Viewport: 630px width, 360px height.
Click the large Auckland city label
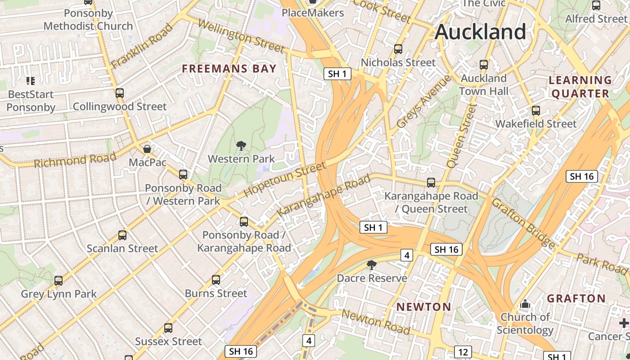480,32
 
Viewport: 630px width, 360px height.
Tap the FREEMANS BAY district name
229,69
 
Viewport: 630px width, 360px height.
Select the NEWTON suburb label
423,307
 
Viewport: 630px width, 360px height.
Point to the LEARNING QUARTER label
580,87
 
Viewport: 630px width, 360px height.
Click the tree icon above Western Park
241,145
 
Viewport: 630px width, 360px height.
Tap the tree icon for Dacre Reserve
372,265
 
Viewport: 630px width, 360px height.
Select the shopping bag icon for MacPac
147,148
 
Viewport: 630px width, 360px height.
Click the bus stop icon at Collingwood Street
119,93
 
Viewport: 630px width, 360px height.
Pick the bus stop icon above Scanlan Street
122,235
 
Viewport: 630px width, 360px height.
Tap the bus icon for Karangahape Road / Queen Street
431,182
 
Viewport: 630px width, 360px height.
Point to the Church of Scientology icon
525,304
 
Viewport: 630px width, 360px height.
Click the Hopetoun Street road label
284,180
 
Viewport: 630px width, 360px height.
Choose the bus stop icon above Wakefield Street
535,110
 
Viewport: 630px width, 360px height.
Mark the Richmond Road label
75,160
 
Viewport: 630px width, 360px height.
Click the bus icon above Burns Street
216,280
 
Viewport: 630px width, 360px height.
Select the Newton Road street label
376,322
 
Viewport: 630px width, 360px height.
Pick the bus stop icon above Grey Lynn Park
58,281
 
